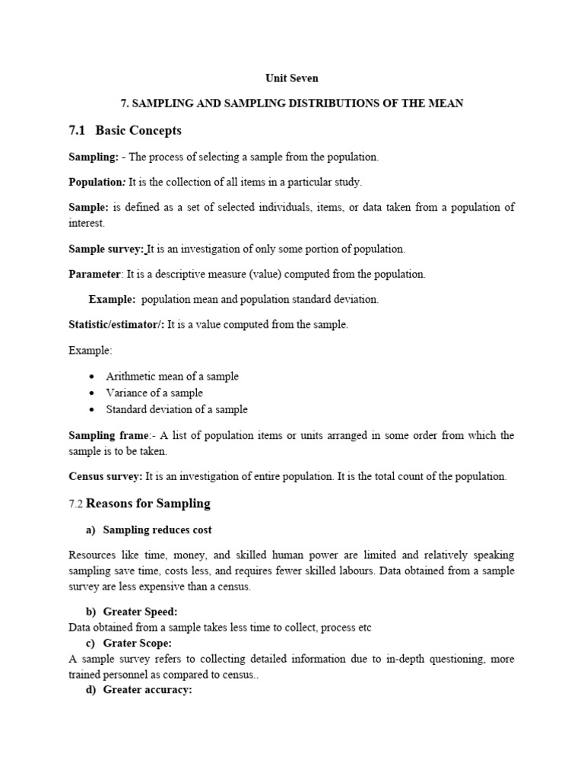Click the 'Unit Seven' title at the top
tap(291, 78)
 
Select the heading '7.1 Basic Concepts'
tap(125, 131)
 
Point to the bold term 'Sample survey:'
tap(106, 249)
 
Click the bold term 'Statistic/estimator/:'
tap(116, 324)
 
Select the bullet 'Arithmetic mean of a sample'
tap(172, 377)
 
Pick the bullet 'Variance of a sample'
tap(154, 393)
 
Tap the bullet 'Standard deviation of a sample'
tap(176, 409)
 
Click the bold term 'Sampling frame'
tap(109, 435)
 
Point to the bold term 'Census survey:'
tap(105, 476)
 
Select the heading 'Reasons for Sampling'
tap(148, 504)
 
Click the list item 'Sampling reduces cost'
tap(157, 529)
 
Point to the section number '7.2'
tap(76, 504)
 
